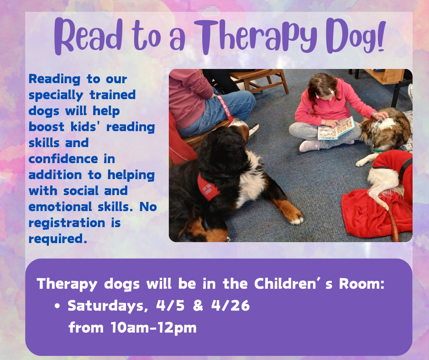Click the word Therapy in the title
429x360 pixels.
tap(256, 37)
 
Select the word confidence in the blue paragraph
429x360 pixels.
tap(63, 159)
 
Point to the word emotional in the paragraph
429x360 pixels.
tap(60, 207)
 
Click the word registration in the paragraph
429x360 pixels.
tap(67, 223)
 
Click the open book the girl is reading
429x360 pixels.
tap(336, 128)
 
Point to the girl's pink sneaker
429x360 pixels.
tap(309, 146)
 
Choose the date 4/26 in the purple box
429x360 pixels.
tap(230, 305)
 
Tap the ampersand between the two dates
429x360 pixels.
tap(198, 305)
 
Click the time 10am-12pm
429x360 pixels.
tap(153, 328)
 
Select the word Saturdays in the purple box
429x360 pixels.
tap(108, 306)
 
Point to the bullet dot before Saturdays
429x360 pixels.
tap(57, 306)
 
